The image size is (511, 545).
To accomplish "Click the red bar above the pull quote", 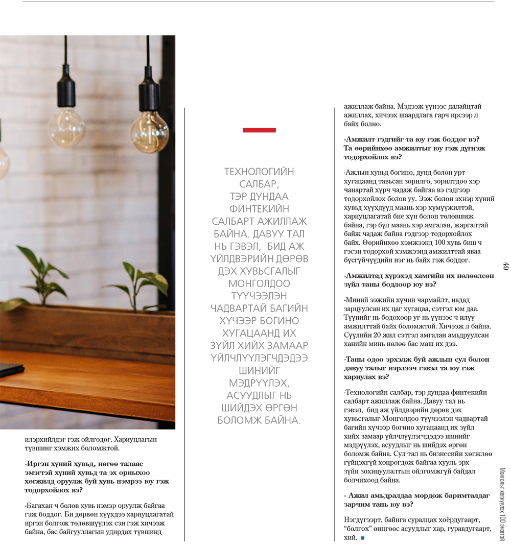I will (x=259, y=130).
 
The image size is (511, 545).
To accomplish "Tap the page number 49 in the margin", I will (x=505, y=266).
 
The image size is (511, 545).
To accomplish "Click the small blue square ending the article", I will (x=362, y=538).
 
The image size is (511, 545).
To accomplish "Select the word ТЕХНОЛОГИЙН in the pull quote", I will (x=259, y=172).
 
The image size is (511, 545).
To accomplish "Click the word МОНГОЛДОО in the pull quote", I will (x=259, y=283).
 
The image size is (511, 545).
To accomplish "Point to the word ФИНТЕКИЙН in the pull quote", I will (x=259, y=209).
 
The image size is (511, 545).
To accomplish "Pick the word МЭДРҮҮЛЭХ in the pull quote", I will (x=259, y=383).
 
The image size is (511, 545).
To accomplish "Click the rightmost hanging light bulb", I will (x=149, y=131).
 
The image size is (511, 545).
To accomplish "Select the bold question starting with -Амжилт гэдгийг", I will (x=414, y=148).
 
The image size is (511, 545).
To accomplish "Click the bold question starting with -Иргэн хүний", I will (x=97, y=477).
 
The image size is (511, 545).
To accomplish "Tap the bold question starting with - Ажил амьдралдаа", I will (x=416, y=500).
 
